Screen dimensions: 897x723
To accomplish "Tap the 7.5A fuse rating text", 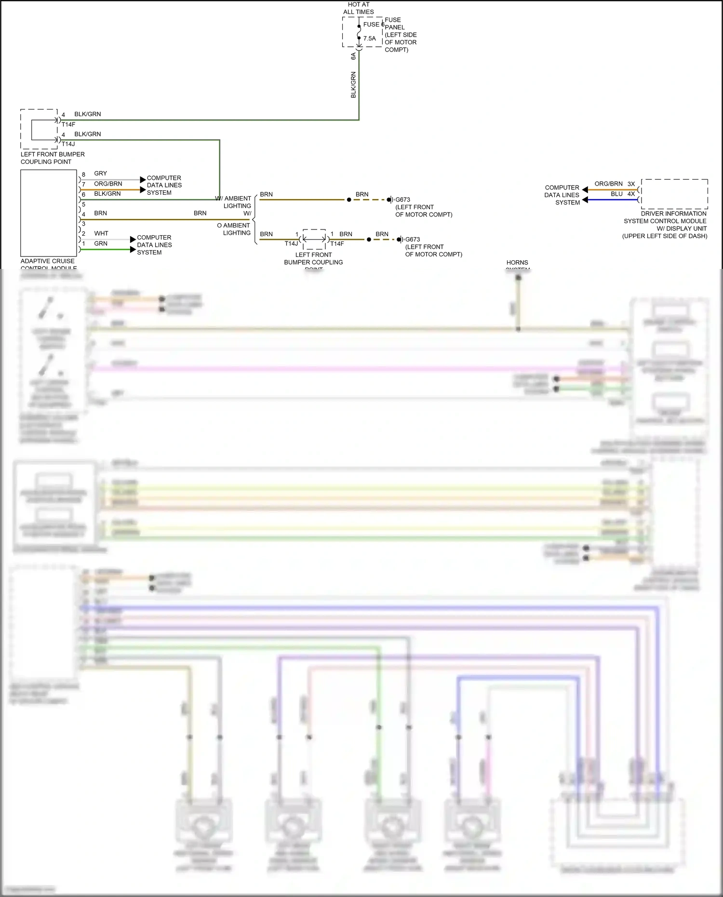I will (x=369, y=39).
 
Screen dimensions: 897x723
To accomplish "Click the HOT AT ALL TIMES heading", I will (x=358, y=8).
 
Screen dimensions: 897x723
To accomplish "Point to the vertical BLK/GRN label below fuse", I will (x=353, y=85).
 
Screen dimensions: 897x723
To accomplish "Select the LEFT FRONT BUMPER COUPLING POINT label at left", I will (x=53, y=158).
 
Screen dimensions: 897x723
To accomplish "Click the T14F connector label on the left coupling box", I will (x=68, y=124).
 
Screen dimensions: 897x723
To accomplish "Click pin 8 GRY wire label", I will (x=100, y=174).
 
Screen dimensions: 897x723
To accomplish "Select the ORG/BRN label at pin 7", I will (x=108, y=184).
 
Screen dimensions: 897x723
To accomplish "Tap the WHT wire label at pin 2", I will (x=101, y=233).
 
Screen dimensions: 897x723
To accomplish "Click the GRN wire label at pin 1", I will (x=101, y=243).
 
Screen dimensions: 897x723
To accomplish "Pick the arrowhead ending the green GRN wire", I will (x=133, y=250).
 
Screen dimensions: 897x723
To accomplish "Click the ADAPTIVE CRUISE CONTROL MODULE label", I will (x=48, y=264).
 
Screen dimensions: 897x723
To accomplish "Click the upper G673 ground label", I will (x=402, y=200).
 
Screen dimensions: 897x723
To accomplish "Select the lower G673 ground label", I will (x=412, y=240).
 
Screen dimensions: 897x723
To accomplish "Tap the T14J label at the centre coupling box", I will (x=291, y=244).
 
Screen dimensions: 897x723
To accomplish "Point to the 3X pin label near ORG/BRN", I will (x=631, y=184).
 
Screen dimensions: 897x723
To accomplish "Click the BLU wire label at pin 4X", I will (x=616, y=194).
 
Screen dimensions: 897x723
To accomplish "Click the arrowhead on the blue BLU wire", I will (x=585, y=200).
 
